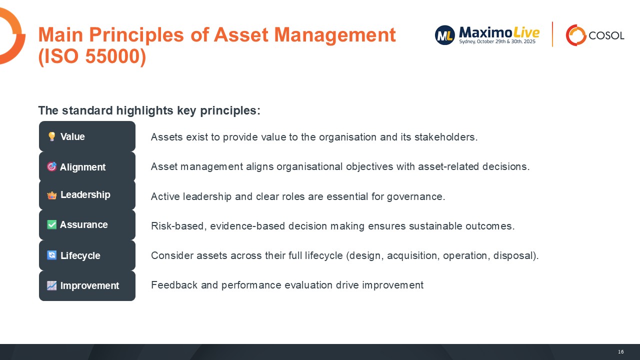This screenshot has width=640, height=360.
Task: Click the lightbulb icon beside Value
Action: coord(51,136)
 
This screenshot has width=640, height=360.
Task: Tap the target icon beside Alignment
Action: coord(51,166)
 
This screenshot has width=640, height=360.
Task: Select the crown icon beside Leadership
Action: coord(52,195)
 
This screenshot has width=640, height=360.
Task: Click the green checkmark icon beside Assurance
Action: coord(51,224)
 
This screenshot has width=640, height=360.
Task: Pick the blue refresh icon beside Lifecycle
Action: coord(52,255)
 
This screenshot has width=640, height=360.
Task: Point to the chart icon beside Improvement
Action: coord(52,285)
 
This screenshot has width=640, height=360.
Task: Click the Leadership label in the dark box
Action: coord(85,195)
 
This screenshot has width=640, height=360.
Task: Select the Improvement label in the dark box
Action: coord(89,286)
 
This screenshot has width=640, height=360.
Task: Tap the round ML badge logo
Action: coord(444,35)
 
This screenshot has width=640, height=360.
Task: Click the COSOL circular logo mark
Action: coord(575,35)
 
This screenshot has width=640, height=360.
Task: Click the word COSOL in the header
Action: coord(606,35)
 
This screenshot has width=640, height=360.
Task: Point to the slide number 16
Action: coord(620,352)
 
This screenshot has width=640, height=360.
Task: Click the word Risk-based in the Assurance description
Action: coord(177,226)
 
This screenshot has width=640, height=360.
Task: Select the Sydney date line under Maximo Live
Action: coord(497,42)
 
